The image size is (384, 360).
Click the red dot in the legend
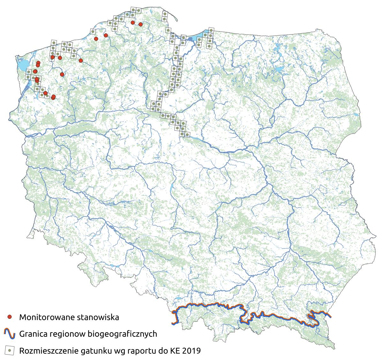click(10, 317)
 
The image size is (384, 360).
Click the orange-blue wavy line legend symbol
click(10, 334)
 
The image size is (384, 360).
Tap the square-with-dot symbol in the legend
click(10, 351)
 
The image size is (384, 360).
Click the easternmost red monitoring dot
click(140, 24)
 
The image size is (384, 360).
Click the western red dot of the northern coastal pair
click(132, 22)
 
